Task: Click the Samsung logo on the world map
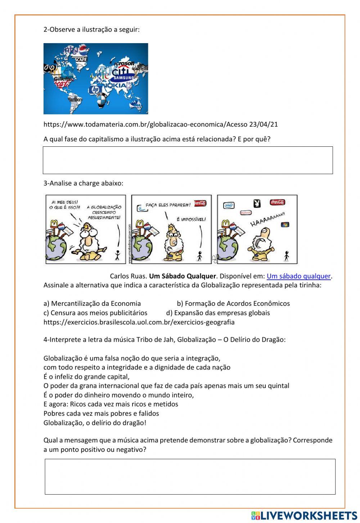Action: (x=123, y=78)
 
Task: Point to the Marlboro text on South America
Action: (x=75, y=99)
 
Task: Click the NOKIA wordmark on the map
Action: (x=115, y=86)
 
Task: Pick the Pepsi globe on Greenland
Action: (x=83, y=50)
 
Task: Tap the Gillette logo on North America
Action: (x=62, y=78)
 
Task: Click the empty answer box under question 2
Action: (x=188, y=160)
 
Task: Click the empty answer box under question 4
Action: (x=190, y=476)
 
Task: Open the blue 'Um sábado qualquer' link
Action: (x=298, y=276)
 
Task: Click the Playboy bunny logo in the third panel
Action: (x=256, y=204)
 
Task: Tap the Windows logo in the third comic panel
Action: (x=285, y=224)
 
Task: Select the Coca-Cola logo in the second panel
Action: (x=200, y=203)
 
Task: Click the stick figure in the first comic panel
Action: (x=117, y=255)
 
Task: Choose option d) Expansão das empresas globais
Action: (x=218, y=313)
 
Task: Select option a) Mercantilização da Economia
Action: (x=92, y=303)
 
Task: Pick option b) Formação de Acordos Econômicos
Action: (x=233, y=303)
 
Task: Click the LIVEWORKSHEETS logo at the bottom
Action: (x=304, y=515)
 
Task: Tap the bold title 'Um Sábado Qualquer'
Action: (x=183, y=276)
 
